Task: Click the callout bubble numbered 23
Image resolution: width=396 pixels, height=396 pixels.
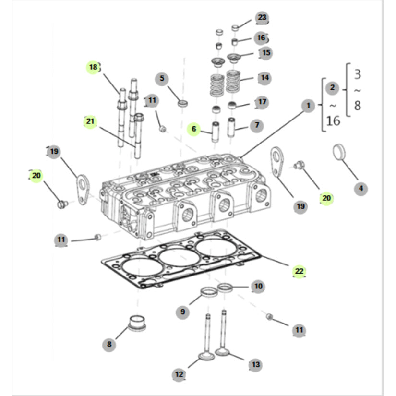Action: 261,18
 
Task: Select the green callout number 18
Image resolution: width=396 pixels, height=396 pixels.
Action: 93,67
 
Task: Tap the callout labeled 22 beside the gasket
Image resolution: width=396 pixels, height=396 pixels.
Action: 299,271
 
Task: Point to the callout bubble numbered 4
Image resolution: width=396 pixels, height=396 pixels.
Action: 361,189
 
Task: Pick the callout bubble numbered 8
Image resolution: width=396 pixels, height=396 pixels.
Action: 109,344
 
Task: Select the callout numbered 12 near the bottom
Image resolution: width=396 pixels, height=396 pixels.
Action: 179,374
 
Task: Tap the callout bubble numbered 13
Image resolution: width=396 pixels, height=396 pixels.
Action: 255,365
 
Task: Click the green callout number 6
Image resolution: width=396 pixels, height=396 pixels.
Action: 194,129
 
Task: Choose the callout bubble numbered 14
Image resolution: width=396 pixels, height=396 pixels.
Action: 264,77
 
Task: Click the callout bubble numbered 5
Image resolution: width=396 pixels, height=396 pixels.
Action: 162,78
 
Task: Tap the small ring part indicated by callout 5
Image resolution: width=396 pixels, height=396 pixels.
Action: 183,103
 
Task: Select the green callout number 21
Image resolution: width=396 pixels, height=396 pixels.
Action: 90,121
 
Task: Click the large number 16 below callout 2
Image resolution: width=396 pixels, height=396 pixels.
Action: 333,120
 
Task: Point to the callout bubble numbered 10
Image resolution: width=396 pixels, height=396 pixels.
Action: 258,287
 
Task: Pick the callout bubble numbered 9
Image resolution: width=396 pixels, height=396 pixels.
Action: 182,312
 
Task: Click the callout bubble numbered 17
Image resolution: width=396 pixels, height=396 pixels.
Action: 262,102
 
